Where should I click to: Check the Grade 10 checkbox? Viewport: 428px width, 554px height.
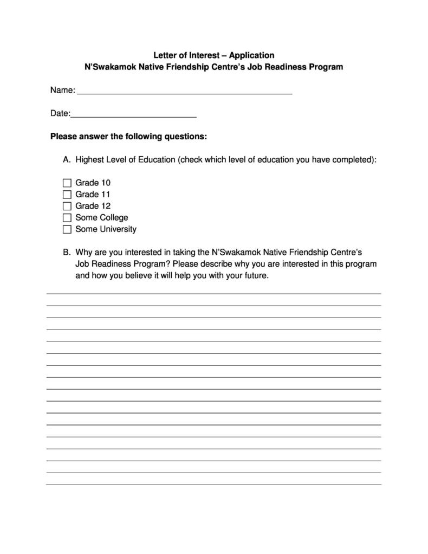pyautogui.click(x=67, y=183)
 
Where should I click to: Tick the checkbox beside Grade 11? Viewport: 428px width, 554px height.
pyautogui.click(x=67, y=195)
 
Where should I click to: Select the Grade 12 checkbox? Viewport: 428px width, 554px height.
pyautogui.click(x=67, y=206)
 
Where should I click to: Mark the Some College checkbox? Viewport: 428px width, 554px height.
pyautogui.click(x=67, y=218)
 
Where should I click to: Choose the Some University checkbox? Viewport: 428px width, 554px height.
pyautogui.click(x=67, y=229)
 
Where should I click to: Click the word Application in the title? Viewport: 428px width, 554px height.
pyautogui.click(x=251, y=55)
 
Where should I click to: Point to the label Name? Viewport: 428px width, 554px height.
pyautogui.click(x=62, y=90)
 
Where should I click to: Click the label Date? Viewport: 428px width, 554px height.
pyautogui.click(x=60, y=113)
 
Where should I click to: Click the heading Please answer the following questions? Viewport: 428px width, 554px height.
pyautogui.click(x=128, y=137)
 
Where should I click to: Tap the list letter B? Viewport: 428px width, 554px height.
pyautogui.click(x=67, y=253)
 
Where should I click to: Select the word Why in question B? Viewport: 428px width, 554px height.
pyautogui.click(x=84, y=253)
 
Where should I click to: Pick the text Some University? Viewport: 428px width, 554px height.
pyautogui.click(x=106, y=229)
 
